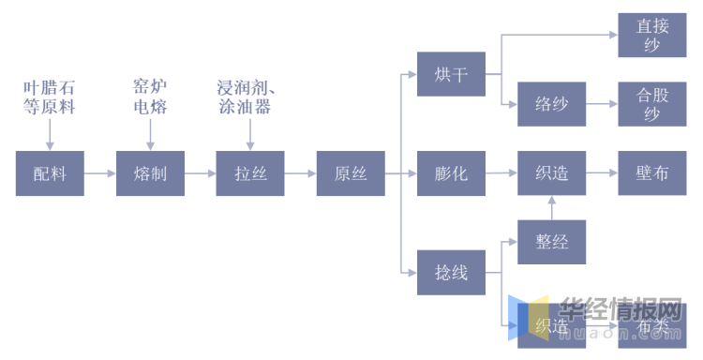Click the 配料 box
(x=50, y=173)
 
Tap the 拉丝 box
(x=250, y=173)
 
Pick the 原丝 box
(x=351, y=173)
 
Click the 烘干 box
(x=451, y=74)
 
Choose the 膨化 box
(x=451, y=173)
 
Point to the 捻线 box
(x=451, y=274)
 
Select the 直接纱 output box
(x=651, y=37)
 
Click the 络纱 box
(x=551, y=104)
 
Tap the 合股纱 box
(x=651, y=104)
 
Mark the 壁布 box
(x=651, y=173)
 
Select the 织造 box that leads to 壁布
(x=551, y=173)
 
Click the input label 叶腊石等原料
(x=49, y=97)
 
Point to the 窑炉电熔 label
(x=150, y=97)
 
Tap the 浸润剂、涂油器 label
(x=249, y=97)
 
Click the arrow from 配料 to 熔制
(x=100, y=173)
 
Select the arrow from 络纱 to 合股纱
(x=601, y=104)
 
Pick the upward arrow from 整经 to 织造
(x=551, y=207)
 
